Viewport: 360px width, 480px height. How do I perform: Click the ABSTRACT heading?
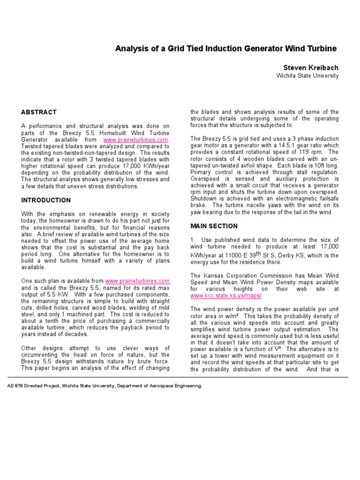point(39,112)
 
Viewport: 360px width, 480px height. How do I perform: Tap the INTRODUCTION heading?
point(46,200)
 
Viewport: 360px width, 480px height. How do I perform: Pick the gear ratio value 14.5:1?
point(279,146)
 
